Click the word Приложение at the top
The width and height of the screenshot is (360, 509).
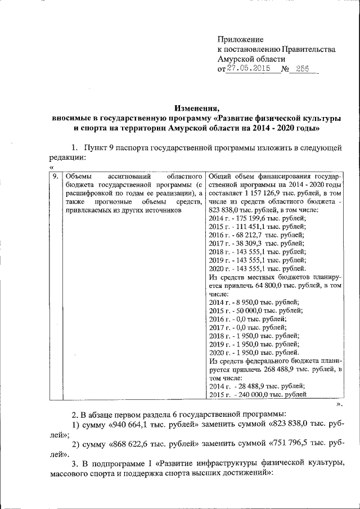[x=241, y=39]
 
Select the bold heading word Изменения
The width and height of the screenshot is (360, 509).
[x=196, y=109]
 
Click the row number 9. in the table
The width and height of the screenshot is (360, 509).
[x=55, y=177]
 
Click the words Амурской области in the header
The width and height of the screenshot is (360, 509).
[x=251, y=58]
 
